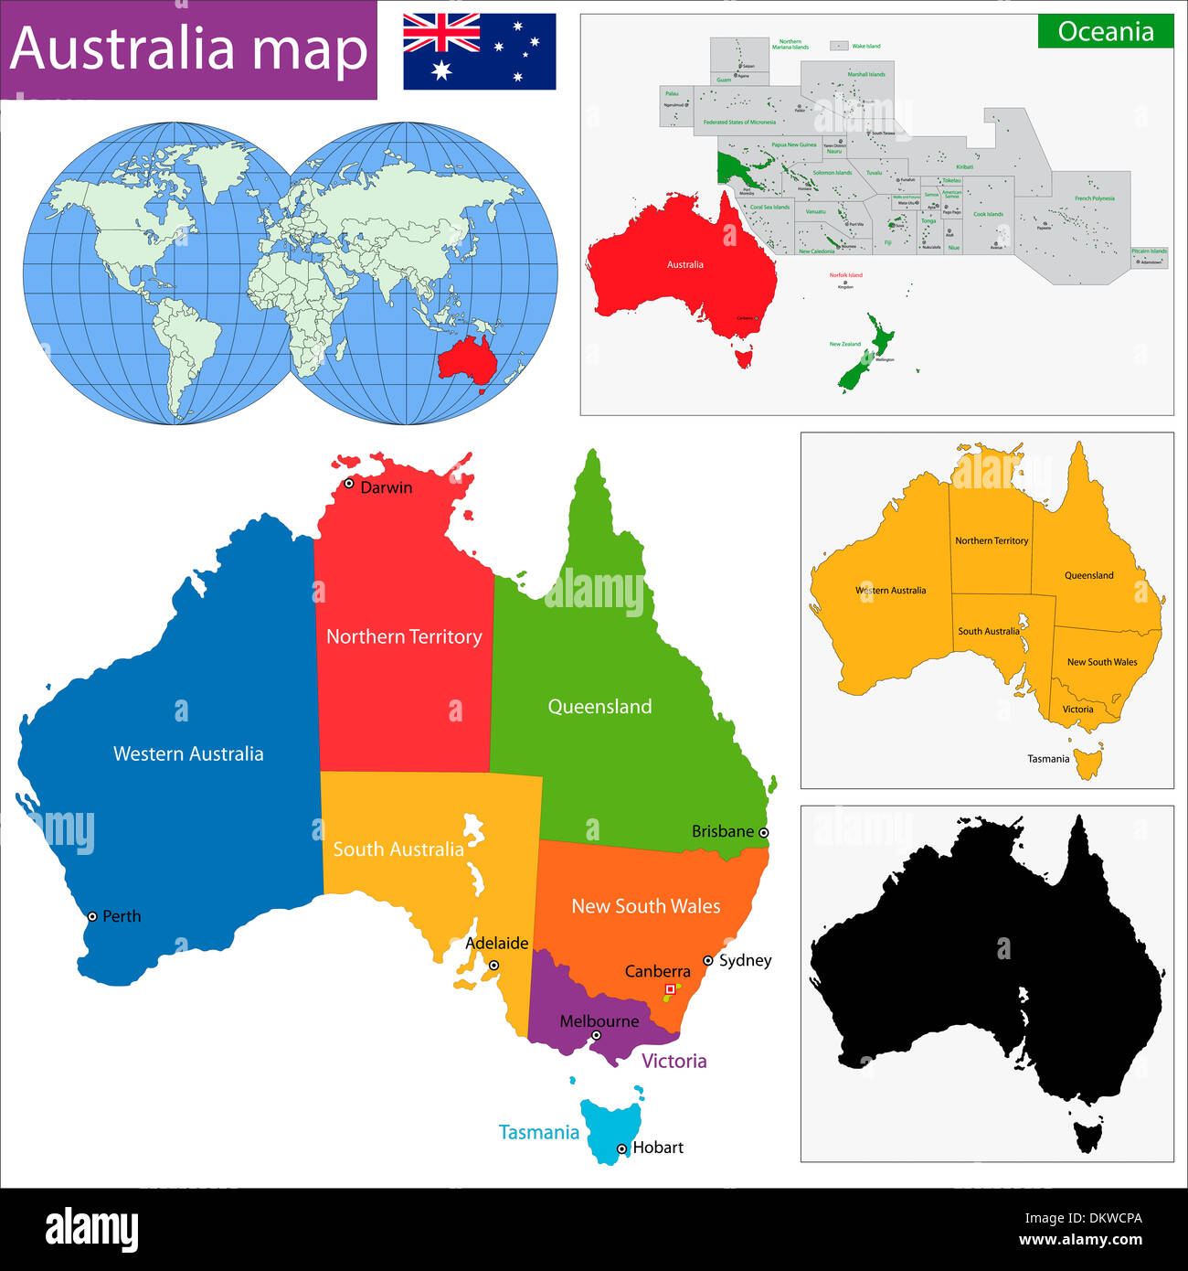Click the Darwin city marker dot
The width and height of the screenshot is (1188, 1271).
348,484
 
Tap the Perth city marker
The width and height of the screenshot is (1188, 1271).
92,916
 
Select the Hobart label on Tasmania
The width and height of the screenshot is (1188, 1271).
657,1148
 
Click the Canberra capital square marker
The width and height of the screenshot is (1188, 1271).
670,989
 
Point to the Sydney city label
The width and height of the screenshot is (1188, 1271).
745,960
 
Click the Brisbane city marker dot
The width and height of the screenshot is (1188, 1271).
764,832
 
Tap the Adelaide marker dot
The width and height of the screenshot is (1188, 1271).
493,965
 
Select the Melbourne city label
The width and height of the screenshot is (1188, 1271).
599,1020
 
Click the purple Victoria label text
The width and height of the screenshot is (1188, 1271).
674,1061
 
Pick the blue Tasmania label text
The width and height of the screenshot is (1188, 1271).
538,1132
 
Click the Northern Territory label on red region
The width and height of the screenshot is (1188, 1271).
404,636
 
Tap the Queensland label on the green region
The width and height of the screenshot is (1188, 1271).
599,706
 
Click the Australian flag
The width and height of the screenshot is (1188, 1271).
479,51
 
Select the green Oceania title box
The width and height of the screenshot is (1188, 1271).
1105,31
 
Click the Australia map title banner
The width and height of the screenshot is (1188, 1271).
188,49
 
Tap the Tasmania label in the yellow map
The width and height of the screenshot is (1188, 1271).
1047,758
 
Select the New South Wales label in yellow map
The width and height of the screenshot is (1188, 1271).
1102,662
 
